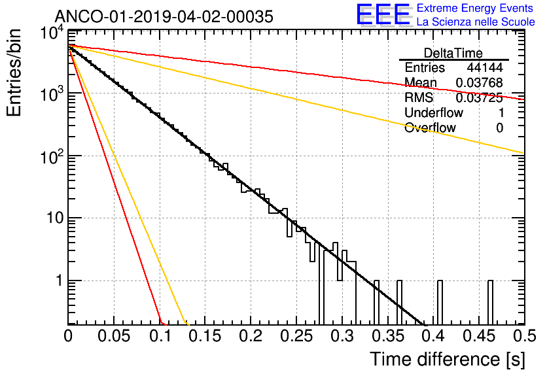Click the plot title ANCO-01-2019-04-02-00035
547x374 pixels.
tap(164, 16)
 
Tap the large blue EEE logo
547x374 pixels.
tap(383, 14)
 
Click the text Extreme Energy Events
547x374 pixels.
tap(475, 8)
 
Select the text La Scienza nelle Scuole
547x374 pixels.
tap(476, 22)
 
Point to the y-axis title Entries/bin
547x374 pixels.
tap(14, 73)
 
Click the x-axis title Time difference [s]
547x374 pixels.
tap(448, 359)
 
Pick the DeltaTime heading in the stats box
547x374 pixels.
tap(453, 53)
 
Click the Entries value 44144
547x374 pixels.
tap(485, 67)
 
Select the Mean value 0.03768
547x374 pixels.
tap(480, 82)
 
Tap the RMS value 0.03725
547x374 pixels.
tap(480, 98)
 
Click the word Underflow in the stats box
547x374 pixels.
tap(434, 112)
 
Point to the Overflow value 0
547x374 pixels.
tap(499, 128)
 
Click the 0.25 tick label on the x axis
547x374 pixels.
tap(296, 336)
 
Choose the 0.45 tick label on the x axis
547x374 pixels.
tap(479, 336)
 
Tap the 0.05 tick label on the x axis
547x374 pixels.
tap(114, 336)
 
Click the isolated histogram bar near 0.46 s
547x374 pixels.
tap(490, 302)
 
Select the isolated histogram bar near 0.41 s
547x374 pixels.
tap(440, 302)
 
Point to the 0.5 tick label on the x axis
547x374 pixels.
tap(524, 336)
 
